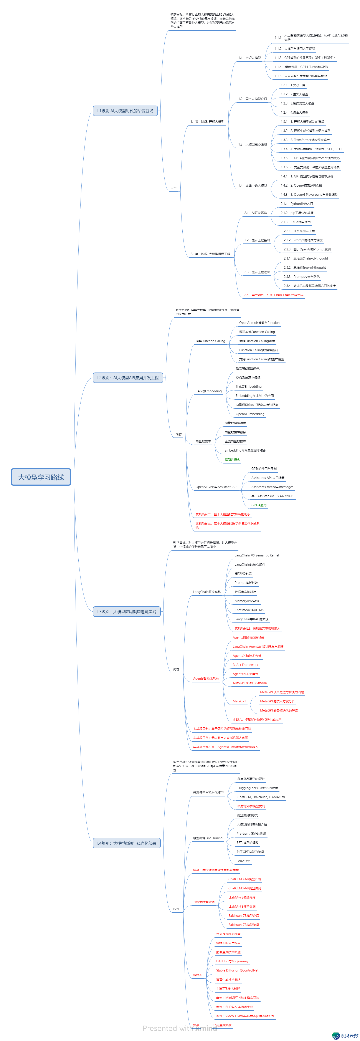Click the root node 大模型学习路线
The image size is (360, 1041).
pos(41,477)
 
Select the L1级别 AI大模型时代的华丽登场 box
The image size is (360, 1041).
pos(125,111)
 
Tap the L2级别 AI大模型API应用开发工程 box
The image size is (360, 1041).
pos(128,378)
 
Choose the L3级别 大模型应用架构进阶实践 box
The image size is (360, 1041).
pos(126,612)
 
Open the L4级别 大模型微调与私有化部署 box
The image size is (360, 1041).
pos(126,843)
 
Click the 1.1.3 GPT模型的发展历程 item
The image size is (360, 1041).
pos(305,58)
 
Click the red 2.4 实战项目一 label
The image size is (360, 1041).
pos(274,295)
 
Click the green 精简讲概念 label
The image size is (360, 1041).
pos(232,460)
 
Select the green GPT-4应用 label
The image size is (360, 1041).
pos(259,505)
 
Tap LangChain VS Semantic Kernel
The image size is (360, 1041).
pos(257,555)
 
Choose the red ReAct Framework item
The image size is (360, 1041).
pos(245,665)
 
